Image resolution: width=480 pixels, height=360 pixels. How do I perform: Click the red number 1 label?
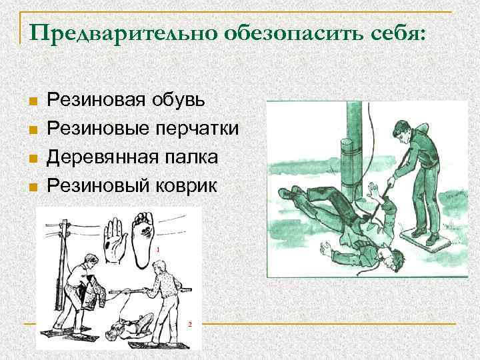[x=159, y=248]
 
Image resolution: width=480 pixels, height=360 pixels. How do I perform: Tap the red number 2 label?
[x=190, y=324]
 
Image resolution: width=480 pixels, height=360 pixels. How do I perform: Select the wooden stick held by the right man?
[x=143, y=289]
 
